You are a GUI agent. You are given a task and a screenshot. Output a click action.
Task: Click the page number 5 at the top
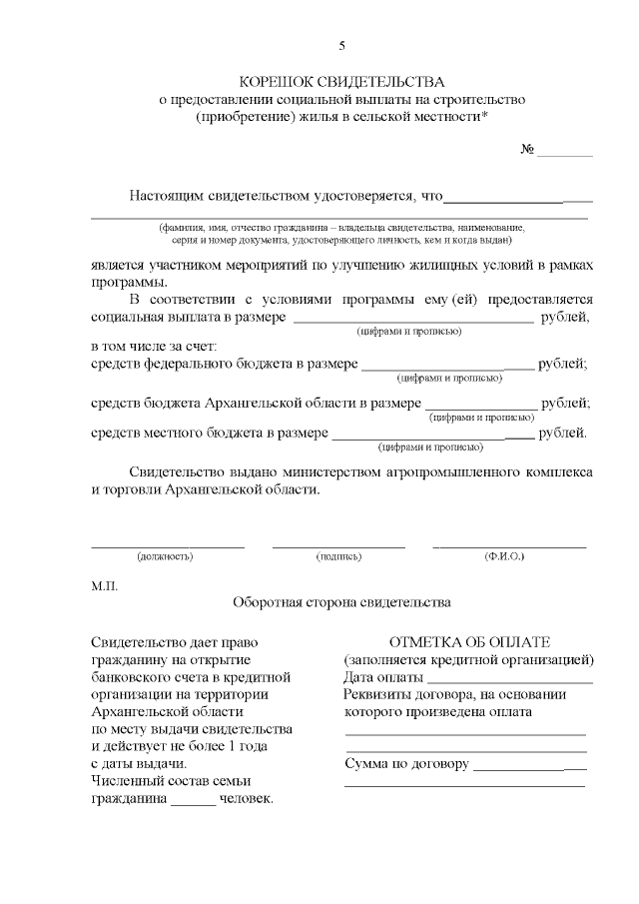point(341,45)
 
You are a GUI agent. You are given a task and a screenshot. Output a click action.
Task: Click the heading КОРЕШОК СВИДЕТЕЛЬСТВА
point(342,82)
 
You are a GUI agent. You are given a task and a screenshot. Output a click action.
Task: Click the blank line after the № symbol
point(564,154)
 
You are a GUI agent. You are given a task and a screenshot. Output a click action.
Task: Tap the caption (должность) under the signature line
point(166,554)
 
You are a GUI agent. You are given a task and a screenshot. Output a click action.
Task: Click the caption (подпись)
point(338,554)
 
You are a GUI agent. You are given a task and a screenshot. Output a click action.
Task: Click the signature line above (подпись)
point(338,545)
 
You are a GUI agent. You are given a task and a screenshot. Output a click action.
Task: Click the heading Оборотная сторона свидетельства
point(341,603)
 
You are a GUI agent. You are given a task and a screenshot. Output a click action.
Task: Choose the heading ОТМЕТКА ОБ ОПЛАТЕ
point(470,642)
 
